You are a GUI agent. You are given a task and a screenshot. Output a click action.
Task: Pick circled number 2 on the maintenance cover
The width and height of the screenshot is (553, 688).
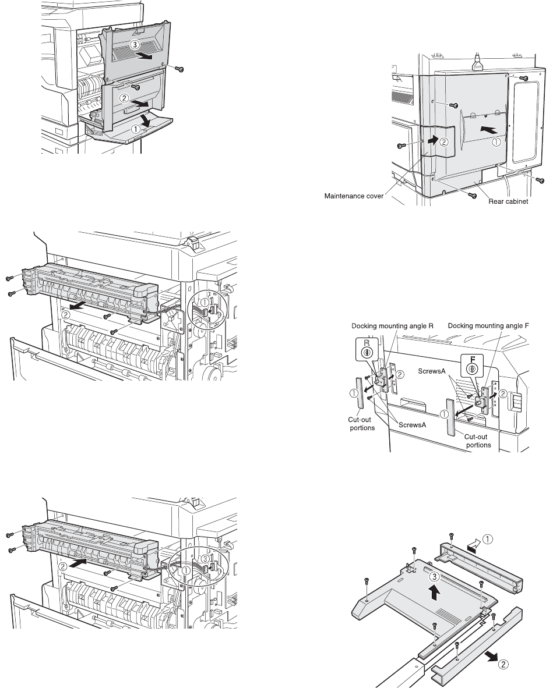tap(443, 141)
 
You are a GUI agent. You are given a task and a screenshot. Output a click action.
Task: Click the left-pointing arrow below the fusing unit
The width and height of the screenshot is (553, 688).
tap(72, 303)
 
